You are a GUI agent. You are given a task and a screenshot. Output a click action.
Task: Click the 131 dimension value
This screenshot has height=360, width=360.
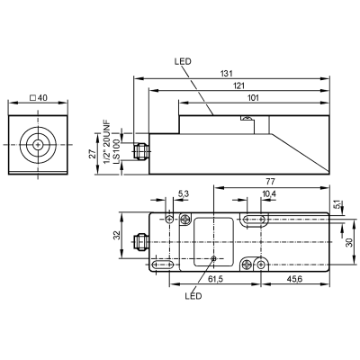[x=228, y=74]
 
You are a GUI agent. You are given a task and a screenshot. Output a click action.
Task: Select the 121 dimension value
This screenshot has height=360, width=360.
[x=239, y=85]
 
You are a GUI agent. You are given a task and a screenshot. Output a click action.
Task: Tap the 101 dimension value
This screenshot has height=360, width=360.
[x=253, y=98]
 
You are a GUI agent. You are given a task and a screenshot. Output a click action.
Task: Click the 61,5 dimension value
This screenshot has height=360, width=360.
[x=216, y=279]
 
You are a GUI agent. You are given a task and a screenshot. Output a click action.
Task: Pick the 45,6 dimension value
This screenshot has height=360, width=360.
[x=294, y=279]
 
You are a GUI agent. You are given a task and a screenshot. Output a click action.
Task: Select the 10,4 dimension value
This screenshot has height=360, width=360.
[x=269, y=194]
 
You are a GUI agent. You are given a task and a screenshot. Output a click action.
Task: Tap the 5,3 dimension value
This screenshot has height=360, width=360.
[x=184, y=194]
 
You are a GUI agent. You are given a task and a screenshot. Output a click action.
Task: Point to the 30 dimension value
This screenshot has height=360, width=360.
[x=349, y=242]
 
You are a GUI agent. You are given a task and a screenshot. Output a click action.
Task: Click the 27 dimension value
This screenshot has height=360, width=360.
[x=93, y=154]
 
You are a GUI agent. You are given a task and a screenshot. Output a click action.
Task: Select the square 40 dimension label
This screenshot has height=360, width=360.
[x=39, y=98]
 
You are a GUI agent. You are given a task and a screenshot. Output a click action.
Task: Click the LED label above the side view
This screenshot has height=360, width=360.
[x=183, y=62]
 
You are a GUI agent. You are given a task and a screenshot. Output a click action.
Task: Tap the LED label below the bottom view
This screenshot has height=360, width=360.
[x=193, y=296]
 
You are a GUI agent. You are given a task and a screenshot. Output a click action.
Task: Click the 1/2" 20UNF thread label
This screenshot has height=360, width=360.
[x=107, y=142]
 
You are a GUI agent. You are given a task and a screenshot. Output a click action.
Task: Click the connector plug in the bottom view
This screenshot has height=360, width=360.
[x=141, y=242]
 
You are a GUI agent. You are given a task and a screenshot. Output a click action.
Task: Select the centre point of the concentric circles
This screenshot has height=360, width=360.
[x=38, y=145]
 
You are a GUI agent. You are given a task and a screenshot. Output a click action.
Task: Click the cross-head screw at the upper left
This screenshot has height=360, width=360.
[x=185, y=219]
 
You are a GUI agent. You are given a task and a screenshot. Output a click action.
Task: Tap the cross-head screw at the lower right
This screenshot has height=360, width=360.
[x=247, y=265]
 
